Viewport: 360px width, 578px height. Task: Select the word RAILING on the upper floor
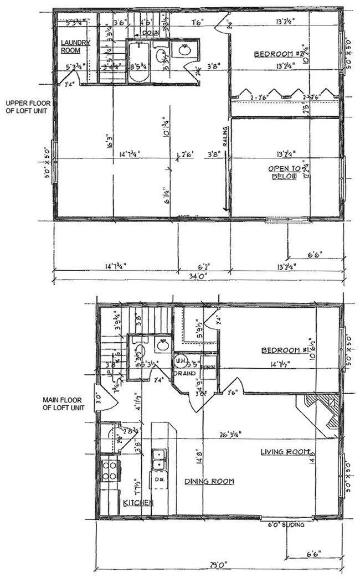click(x=225, y=135)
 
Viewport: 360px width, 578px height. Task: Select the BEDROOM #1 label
click(x=285, y=351)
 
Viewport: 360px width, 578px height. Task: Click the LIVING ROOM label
click(x=285, y=452)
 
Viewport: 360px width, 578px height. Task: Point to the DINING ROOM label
click(x=209, y=481)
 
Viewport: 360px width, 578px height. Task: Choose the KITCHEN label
click(x=138, y=502)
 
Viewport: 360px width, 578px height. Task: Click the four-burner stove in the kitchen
click(x=110, y=470)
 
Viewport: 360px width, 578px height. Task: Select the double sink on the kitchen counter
click(x=158, y=459)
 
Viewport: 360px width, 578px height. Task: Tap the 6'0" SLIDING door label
click(x=286, y=524)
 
